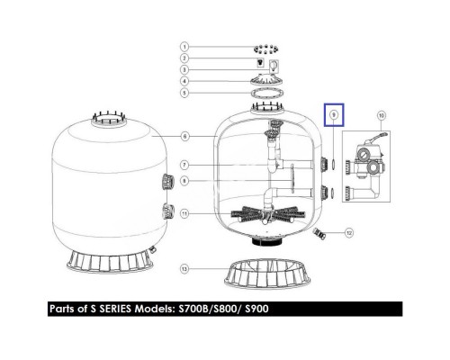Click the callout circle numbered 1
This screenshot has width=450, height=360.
pyautogui.click(x=184, y=47)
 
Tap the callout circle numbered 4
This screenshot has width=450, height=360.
pyautogui.click(x=184, y=81)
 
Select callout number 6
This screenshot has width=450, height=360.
pyautogui.click(x=184, y=137)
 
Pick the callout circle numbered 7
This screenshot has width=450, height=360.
pyautogui.click(x=184, y=165)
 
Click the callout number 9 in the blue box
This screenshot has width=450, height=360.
pyautogui.click(x=334, y=114)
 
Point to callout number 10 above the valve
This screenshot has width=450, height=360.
pyautogui.click(x=381, y=115)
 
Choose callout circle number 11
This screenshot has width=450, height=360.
pyautogui.click(x=184, y=213)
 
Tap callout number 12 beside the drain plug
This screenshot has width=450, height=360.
pyautogui.click(x=349, y=232)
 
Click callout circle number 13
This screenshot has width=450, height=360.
pyautogui.click(x=184, y=268)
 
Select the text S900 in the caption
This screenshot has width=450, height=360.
pyautogui.click(x=256, y=309)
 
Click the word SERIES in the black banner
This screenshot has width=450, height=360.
pyautogui.click(x=115, y=309)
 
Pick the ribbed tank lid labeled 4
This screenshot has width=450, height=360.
pyautogui.click(x=266, y=80)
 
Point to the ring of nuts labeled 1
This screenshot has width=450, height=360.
pyautogui.click(x=265, y=49)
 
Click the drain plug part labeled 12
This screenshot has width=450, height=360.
pyautogui.click(x=319, y=233)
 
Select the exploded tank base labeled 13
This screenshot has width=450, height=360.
pyautogui.click(x=267, y=274)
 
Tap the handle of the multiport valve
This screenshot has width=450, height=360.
pyautogui.click(x=379, y=136)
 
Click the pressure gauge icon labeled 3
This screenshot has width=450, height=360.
pyautogui.click(x=274, y=67)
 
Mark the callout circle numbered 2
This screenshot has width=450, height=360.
pyautogui.click(x=184, y=58)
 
